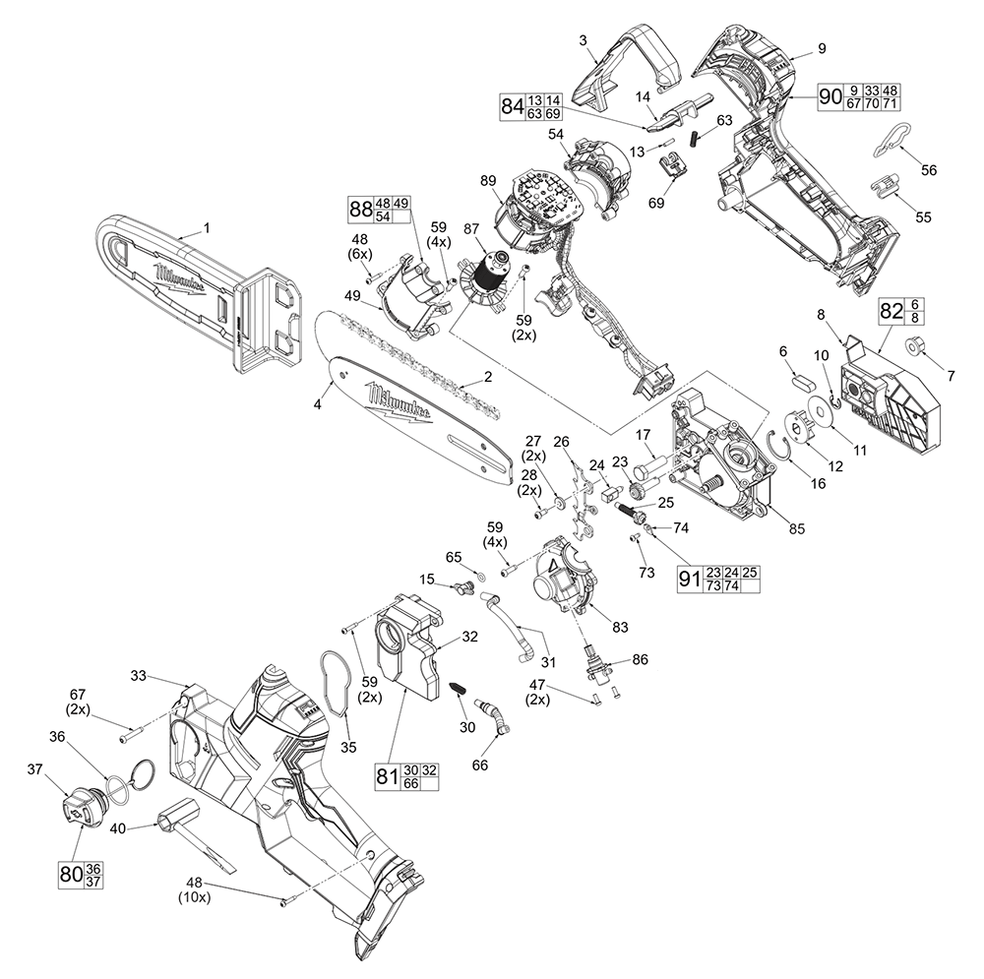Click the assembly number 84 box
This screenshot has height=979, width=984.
pyautogui.click(x=530, y=106)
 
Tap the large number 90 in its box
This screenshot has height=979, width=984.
pyautogui.click(x=830, y=96)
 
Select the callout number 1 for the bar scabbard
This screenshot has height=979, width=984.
pyautogui.click(x=207, y=228)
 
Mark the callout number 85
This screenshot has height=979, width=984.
pyautogui.click(x=796, y=528)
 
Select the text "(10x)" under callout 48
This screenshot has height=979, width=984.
pyautogui.click(x=194, y=897)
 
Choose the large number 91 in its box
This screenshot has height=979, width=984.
pyautogui.click(x=691, y=579)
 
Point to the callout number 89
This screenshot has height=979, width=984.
pyautogui.click(x=488, y=181)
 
